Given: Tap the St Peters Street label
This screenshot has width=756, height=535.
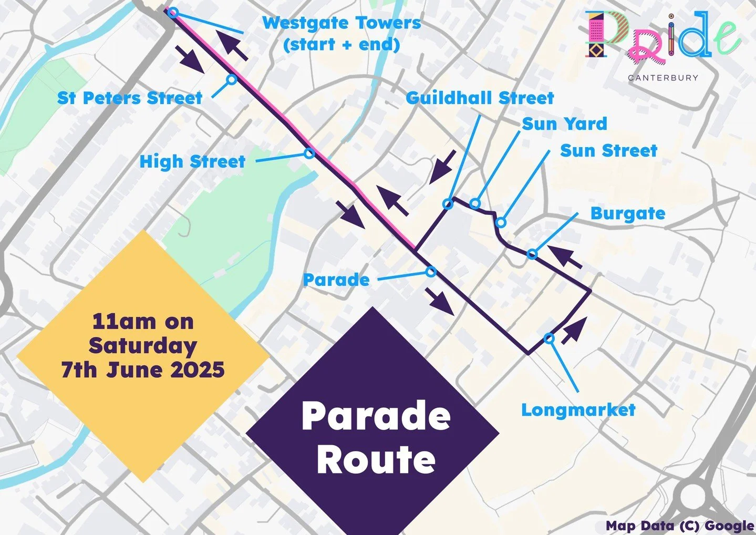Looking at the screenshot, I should tap(129, 98).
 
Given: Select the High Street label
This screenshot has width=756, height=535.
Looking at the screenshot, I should tap(192, 161).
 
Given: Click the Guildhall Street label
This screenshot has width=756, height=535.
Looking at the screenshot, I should tap(480, 98).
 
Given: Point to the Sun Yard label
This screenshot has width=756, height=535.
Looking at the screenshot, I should tap(564, 124).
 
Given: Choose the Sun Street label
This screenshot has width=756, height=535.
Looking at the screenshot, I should tap(608, 151).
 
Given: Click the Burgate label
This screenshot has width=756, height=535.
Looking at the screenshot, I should tap(628, 213).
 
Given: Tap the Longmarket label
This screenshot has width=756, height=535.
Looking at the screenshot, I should tap(578, 410).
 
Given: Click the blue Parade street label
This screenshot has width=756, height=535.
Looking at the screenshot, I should tap(336, 280).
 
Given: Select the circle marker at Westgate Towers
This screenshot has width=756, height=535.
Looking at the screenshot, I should tap(173, 13).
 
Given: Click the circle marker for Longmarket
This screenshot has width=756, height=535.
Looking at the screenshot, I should tap(548, 338).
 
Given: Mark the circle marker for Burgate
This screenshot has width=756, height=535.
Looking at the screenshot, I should tap(532, 254).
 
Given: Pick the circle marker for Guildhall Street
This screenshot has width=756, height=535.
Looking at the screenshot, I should tap(448, 204).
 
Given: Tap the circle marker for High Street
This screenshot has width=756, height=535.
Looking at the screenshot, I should tap(309, 153).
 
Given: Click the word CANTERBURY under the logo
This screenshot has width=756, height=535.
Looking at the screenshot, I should tap(663, 78).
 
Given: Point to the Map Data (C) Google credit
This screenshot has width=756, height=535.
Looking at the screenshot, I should tap(680, 526).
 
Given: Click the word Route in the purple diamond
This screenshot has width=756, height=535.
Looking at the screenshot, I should tap(376, 460).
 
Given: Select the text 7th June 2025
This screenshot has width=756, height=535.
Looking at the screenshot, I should tap(143, 370).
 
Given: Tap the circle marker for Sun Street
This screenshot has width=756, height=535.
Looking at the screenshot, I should tap(501, 222).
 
